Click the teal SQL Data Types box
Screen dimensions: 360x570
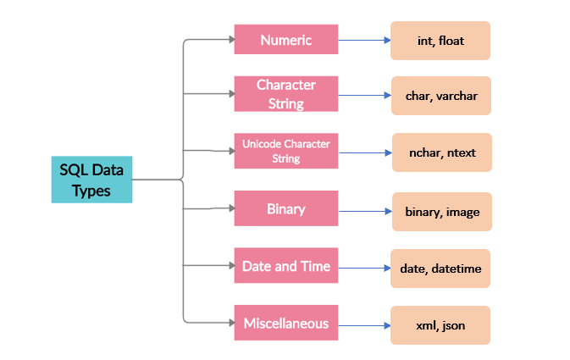91,180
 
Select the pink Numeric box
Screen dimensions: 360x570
286,40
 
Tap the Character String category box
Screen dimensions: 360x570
286,94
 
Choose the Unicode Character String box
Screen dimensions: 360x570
286,151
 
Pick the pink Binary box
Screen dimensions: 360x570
286,209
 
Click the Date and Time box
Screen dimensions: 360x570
286,266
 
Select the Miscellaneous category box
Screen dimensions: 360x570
286,323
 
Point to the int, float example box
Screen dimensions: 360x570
440,41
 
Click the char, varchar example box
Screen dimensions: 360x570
440,96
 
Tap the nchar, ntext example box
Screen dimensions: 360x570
440,153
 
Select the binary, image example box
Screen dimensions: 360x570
440,212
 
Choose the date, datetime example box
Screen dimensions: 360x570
440,268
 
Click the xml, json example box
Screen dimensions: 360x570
440,324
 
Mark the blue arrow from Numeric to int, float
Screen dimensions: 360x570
364,40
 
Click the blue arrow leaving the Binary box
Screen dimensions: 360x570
364,210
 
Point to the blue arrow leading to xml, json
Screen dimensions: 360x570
364,324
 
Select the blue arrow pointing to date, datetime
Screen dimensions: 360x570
364,267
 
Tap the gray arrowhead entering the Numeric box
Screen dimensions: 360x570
230,39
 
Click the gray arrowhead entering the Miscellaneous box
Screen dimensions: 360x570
230,322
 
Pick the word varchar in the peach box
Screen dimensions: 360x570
457,96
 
